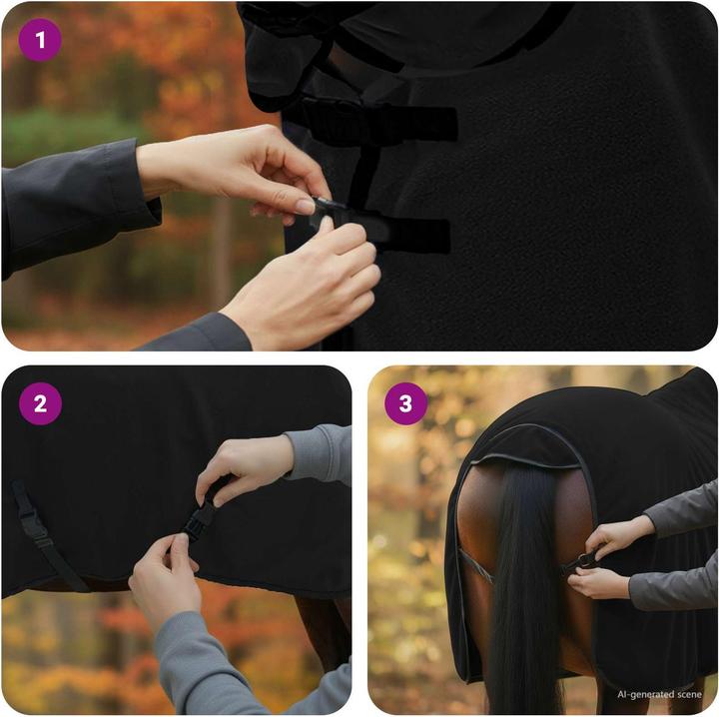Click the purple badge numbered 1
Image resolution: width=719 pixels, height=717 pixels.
click(40, 41)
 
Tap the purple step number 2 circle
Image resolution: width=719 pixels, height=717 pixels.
click(40, 404)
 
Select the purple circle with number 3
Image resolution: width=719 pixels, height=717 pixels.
click(405, 404)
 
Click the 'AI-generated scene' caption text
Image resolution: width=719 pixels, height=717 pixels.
click(659, 694)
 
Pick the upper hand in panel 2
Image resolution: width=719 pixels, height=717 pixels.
click(245, 464)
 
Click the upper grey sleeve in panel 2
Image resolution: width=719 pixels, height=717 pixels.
click(318, 454)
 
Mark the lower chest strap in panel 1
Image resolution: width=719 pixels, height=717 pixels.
click(399, 232)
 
